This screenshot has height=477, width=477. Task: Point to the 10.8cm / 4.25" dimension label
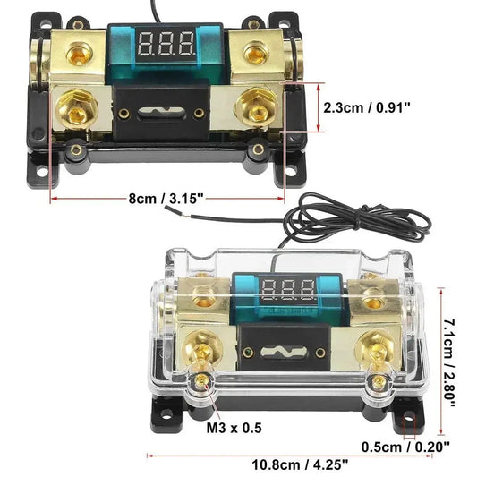pos(287,464)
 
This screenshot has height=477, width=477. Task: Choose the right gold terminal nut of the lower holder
pos(375,345)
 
